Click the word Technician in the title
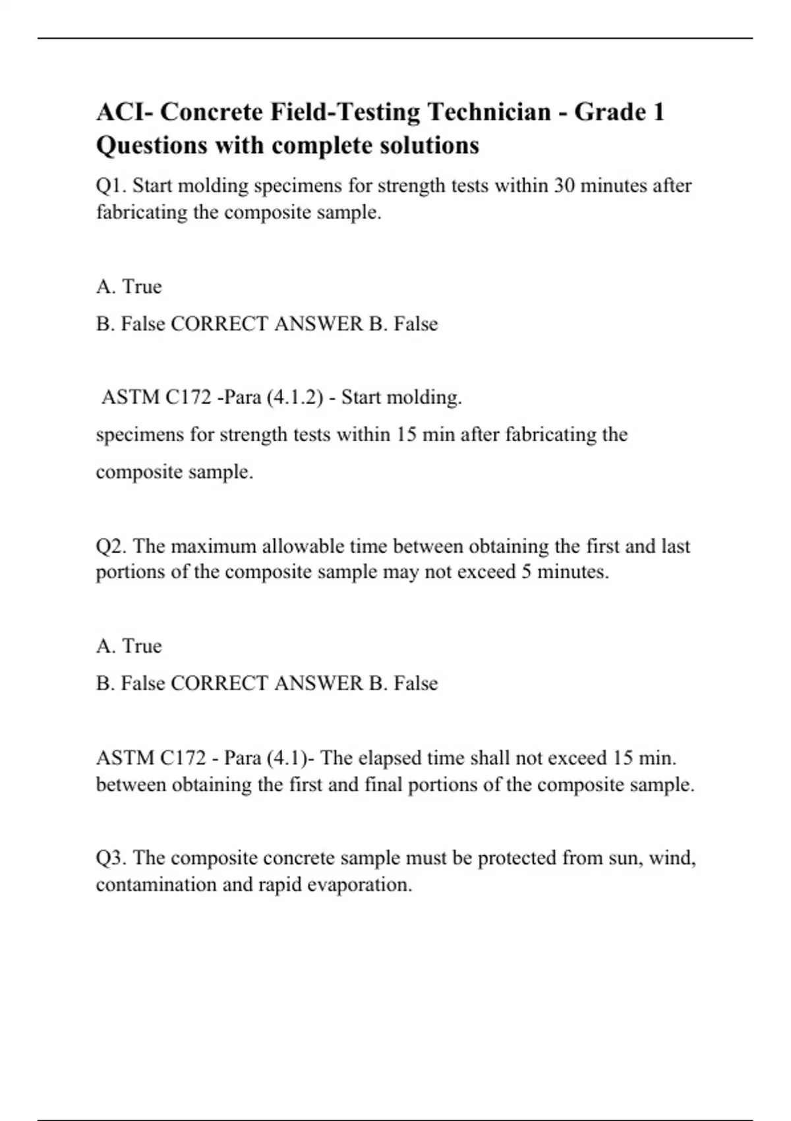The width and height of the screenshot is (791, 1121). point(489,112)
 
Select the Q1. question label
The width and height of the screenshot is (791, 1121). point(112,186)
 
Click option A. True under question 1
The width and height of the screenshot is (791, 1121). point(129,287)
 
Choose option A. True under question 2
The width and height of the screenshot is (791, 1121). point(129,646)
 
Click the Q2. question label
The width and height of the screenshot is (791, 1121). point(112,547)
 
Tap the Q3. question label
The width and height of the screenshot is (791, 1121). point(112,858)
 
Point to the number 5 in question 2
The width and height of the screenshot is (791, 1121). point(526,572)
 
